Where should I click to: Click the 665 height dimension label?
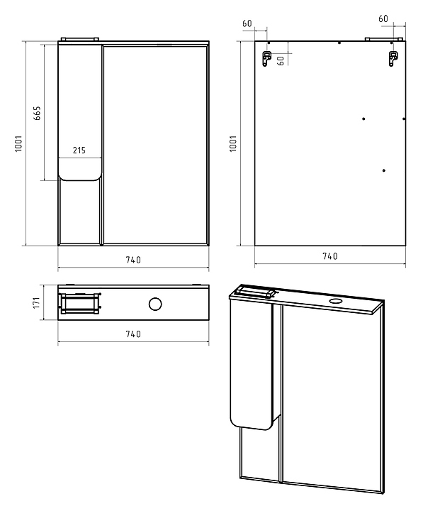[38, 113]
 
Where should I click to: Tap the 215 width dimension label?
[79, 150]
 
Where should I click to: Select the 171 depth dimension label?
[36, 302]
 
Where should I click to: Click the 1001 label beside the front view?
[18, 143]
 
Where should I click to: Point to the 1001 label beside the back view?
[233, 143]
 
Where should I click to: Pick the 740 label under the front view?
[133, 260]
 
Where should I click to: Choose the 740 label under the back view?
[330, 256]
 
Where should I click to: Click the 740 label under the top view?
[133, 334]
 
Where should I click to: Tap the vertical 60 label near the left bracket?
[281, 60]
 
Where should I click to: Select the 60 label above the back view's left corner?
[247, 23]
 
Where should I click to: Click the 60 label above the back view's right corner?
[383, 18]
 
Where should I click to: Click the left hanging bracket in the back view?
[266, 59]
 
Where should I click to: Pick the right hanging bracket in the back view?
[393, 59]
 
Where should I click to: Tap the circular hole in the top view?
[155, 304]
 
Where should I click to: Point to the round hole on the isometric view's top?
[334, 300]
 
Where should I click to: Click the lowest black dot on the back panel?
[384, 170]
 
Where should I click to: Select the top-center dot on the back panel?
[339, 43]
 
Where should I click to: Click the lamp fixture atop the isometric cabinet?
[255, 291]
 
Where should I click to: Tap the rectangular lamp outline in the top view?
[80, 304]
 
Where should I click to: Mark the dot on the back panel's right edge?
[404, 119]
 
